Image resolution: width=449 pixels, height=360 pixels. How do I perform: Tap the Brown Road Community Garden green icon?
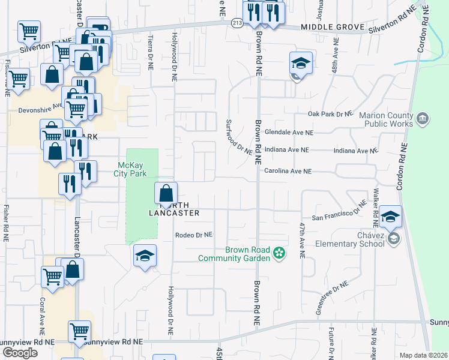coord(279,253)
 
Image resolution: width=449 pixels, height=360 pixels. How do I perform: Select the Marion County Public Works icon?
coord(422,118)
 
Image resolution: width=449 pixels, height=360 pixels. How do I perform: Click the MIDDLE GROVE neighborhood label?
coord(333,28)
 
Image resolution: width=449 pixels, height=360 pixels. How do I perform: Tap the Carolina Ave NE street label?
coord(288,171)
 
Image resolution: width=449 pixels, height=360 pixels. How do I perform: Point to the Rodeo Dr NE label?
coord(194,235)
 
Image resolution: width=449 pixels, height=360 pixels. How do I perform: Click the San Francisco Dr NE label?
coord(339,214)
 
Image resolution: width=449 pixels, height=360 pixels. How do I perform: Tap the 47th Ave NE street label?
coord(302,240)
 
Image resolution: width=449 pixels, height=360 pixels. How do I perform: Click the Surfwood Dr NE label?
coord(238,137)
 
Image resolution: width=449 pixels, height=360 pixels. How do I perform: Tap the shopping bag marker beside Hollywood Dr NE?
coord(166,193)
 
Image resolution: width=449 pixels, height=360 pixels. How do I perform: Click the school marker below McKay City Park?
coord(145,256)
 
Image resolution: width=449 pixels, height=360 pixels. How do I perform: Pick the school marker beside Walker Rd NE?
coord(391,217)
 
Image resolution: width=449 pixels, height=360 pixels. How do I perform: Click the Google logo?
coord(20,353)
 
